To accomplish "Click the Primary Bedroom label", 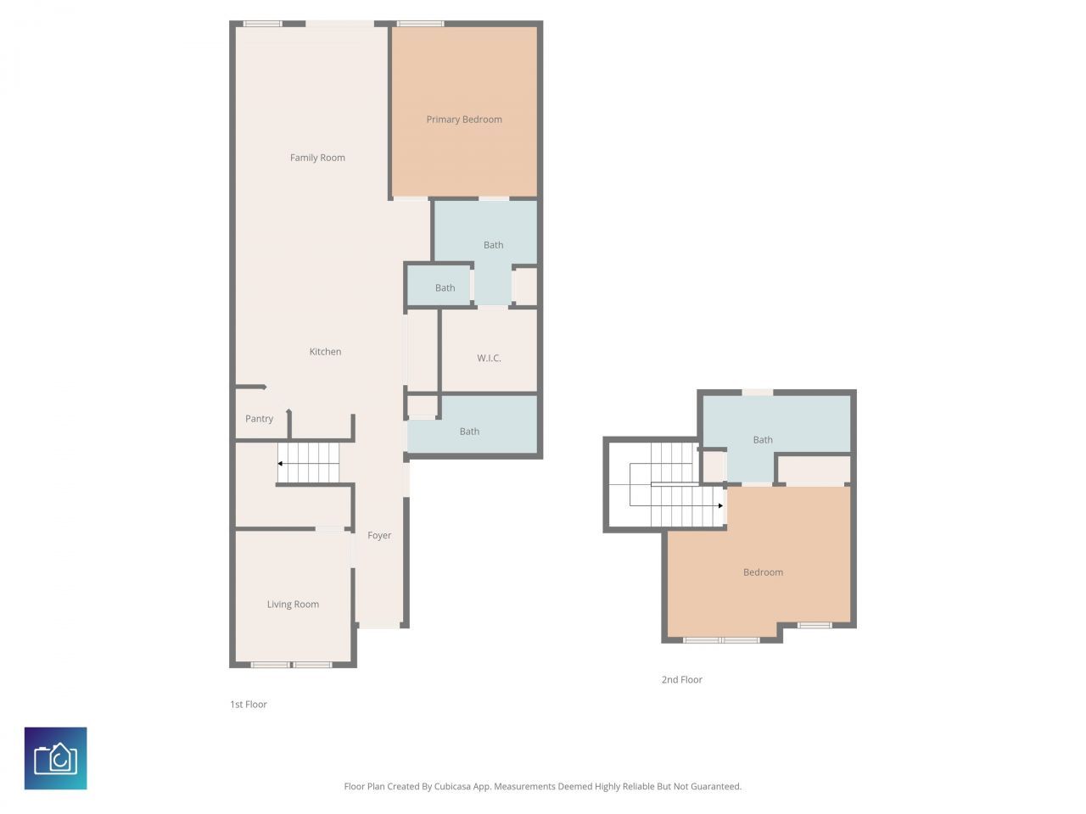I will pyautogui.click(x=464, y=120).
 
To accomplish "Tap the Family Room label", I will pyautogui.click(x=317, y=158).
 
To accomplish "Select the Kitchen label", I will pyautogui.click(x=325, y=352).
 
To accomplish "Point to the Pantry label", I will pyautogui.click(x=259, y=419).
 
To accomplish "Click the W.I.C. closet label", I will pyautogui.click(x=489, y=359).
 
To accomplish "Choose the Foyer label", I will pyautogui.click(x=379, y=536).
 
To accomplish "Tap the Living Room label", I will pyautogui.click(x=293, y=605).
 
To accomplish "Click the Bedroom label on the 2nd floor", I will pyautogui.click(x=763, y=572).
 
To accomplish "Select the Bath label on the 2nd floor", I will pyautogui.click(x=763, y=440).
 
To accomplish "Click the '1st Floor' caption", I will pyautogui.click(x=249, y=705).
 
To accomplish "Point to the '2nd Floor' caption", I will pyautogui.click(x=682, y=680).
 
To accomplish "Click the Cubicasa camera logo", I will pyautogui.click(x=56, y=758).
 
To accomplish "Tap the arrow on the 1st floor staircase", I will pyautogui.click(x=281, y=464).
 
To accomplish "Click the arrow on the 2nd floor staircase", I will pyautogui.click(x=719, y=506).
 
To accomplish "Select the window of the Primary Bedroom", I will pyautogui.click(x=420, y=24).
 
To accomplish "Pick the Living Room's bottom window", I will pyautogui.click(x=291, y=665).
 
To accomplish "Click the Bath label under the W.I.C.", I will pyautogui.click(x=469, y=432).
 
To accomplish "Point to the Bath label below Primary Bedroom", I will pyautogui.click(x=493, y=245).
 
